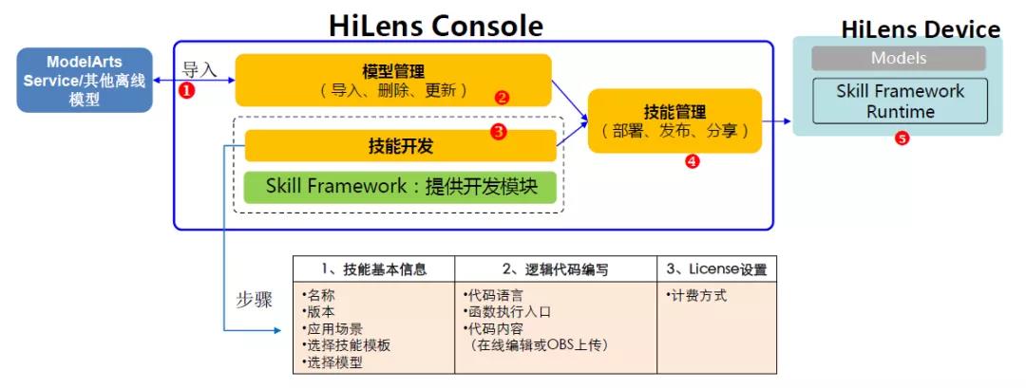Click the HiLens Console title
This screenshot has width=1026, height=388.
(436, 25)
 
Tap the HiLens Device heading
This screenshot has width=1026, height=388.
(920, 30)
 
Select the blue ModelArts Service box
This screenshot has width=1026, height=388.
(85, 80)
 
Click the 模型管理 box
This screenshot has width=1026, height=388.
(393, 80)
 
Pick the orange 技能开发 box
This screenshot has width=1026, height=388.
(400, 146)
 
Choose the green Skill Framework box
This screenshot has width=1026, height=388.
(400, 187)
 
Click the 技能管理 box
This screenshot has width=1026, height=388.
(674, 120)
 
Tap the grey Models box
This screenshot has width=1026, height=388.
(898, 59)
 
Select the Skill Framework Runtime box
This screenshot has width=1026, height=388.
(899, 101)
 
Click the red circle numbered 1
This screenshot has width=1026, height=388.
(187, 91)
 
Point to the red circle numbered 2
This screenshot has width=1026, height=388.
(503, 97)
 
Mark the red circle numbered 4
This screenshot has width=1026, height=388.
(692, 161)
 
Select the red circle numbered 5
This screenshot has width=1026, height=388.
(902, 139)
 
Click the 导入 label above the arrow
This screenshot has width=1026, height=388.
(199, 69)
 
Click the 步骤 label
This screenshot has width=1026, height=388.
(254, 300)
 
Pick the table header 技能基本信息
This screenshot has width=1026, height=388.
(373, 269)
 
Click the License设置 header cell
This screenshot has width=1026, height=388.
(715, 269)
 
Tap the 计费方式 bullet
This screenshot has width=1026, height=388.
(696, 295)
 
